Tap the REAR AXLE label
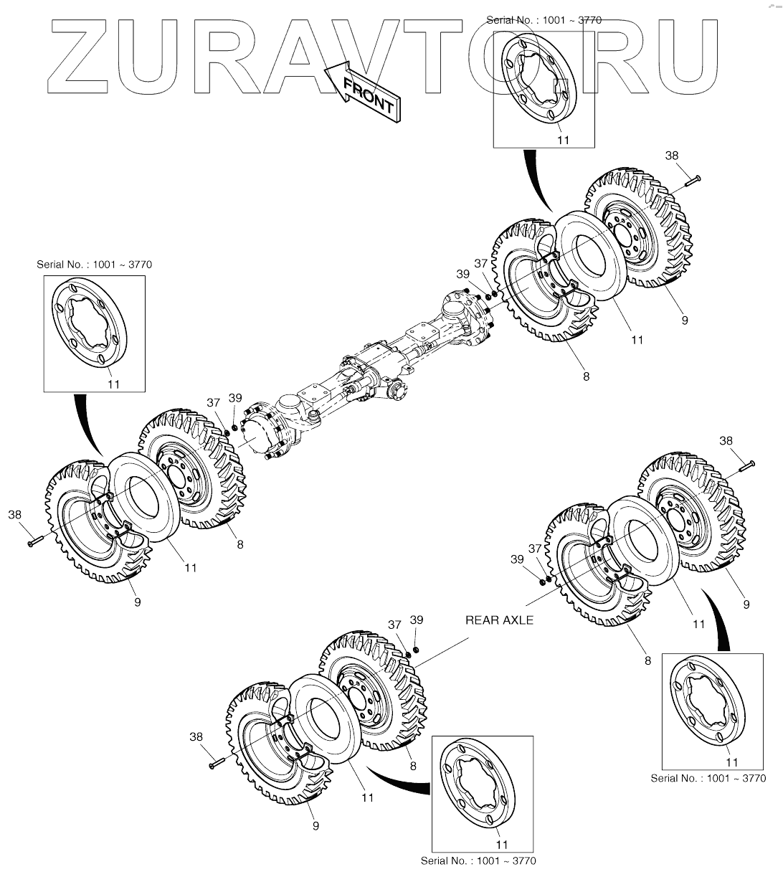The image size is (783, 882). tap(499, 620)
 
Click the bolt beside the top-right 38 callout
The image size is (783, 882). tap(688, 180)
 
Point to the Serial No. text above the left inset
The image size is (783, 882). tap(95, 265)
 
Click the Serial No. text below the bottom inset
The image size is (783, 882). tap(478, 860)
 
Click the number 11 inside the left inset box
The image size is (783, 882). tap(113, 384)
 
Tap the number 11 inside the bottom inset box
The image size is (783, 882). tap(503, 845)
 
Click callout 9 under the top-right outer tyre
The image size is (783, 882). tap(685, 321)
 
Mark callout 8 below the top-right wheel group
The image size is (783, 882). tap(586, 376)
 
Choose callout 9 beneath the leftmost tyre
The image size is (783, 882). tap(137, 602)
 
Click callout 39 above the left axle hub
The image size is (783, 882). tap(234, 397)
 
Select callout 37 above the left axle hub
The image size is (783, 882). tap(213, 403)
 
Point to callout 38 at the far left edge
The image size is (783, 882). tap(14, 514)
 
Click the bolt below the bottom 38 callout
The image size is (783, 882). tap(217, 764)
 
